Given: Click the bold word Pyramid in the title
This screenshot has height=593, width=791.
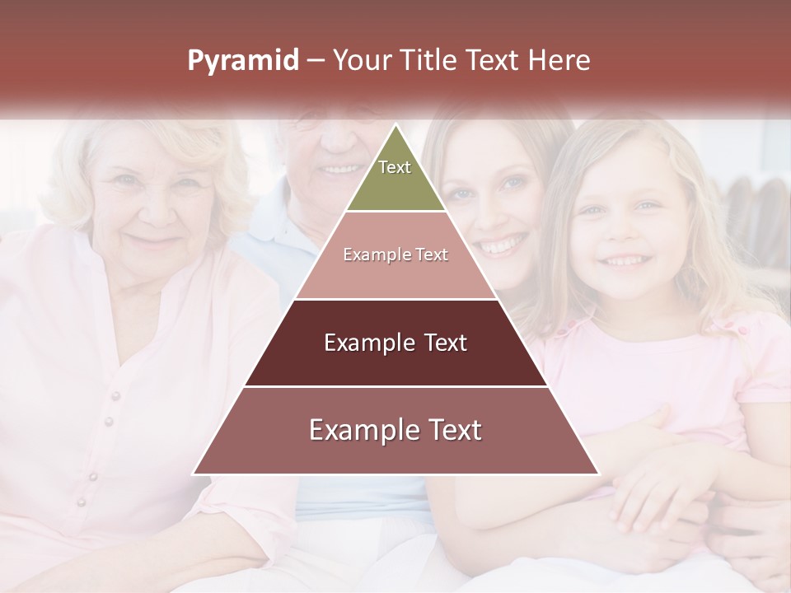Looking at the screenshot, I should pyautogui.click(x=243, y=61).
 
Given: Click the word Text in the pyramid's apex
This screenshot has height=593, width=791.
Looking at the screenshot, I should pyautogui.click(x=395, y=167).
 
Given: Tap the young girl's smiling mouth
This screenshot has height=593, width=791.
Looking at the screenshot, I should pyautogui.click(x=627, y=261).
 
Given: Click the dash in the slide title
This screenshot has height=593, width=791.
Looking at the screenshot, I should pyautogui.click(x=316, y=61).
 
